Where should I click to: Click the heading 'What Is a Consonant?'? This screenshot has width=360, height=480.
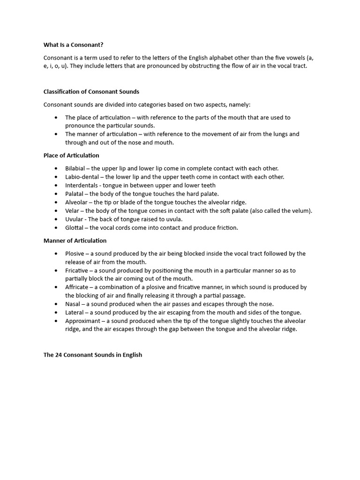tap(73, 45)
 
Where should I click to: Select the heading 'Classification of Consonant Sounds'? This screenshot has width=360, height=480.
tap(91, 92)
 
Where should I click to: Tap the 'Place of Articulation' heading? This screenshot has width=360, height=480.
tap(71, 156)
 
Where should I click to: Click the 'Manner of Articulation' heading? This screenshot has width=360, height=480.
tap(75, 241)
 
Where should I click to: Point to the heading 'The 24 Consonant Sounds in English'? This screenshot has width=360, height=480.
tap(93, 355)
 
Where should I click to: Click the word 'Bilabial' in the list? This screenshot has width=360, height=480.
tap(75, 168)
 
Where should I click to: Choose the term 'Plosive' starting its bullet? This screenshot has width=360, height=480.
tap(75, 254)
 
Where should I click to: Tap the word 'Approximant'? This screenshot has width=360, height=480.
tap(82, 321)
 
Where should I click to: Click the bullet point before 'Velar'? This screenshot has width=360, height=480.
tap(56, 211)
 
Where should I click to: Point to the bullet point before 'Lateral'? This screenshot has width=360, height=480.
tap(56, 313)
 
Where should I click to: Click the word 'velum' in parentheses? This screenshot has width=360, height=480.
tap(300, 211)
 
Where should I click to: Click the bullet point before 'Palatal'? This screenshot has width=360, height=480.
tap(56, 194)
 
